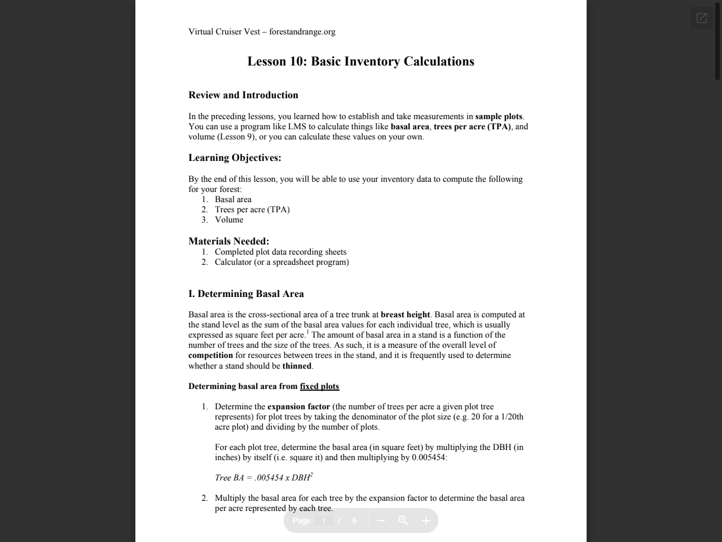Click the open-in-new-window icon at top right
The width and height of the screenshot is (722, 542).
click(x=702, y=18)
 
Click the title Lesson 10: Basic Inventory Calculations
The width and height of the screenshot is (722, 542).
click(x=360, y=62)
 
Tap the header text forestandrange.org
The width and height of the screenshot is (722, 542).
click(x=302, y=32)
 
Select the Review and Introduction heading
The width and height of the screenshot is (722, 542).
click(x=243, y=95)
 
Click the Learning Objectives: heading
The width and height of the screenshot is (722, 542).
click(x=235, y=158)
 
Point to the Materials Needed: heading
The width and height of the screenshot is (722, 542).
click(x=228, y=241)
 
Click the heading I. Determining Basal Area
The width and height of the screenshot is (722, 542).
click(x=246, y=294)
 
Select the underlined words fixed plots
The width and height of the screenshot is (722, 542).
click(x=319, y=386)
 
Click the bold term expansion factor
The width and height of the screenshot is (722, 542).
click(x=298, y=406)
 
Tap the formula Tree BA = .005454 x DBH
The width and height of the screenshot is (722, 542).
click(x=263, y=478)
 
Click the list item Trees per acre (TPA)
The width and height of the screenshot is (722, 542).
click(x=252, y=209)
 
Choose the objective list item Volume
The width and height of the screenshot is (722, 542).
click(x=229, y=220)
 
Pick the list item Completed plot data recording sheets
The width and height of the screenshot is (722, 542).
click(x=280, y=252)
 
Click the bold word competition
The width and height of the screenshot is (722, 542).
click(x=210, y=355)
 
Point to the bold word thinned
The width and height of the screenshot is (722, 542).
click(x=297, y=366)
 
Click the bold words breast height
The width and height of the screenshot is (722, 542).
click(x=405, y=314)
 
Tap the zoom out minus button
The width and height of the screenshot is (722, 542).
click(x=381, y=521)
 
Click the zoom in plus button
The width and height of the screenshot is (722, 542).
click(x=426, y=521)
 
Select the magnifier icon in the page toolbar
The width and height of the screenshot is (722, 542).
click(x=403, y=521)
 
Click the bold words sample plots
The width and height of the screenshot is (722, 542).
click(x=499, y=116)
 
